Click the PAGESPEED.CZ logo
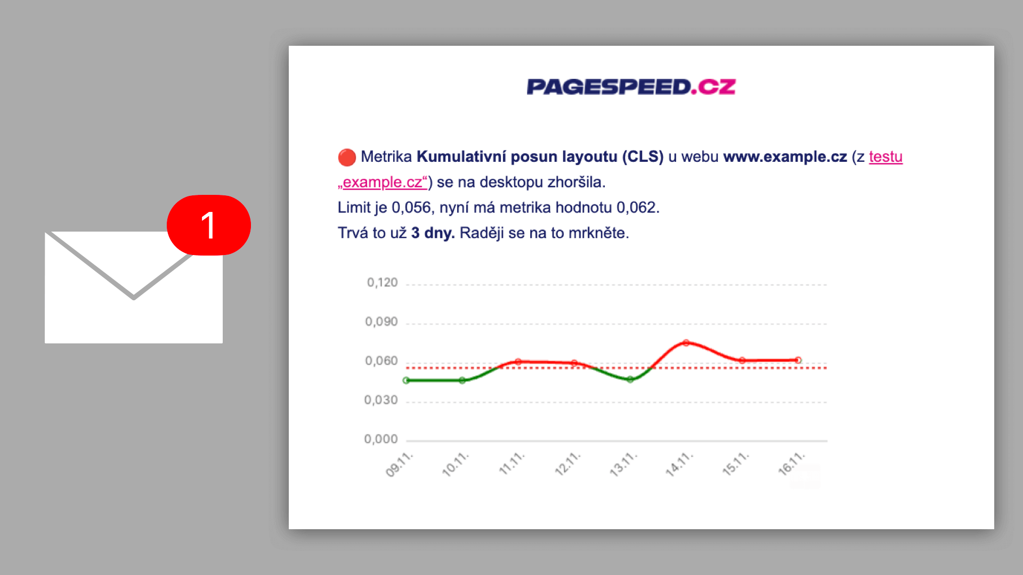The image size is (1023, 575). click(x=631, y=87)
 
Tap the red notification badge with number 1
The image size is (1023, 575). click(x=209, y=225)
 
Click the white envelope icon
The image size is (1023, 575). click(x=133, y=298)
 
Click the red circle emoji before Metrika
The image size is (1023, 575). click(x=347, y=158)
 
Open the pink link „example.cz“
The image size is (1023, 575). click(x=383, y=182)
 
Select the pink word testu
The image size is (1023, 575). click(x=886, y=157)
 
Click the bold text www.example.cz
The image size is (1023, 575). click(x=785, y=157)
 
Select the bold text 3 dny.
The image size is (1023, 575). click(x=433, y=233)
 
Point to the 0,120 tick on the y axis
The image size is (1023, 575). click(x=382, y=283)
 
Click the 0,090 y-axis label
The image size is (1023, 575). click(x=381, y=322)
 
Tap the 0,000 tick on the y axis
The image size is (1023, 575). click(x=380, y=439)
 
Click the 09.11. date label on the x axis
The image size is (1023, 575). click(x=400, y=464)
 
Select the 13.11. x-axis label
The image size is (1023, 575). click(x=623, y=464)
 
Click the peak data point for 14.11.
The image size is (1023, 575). click(x=686, y=343)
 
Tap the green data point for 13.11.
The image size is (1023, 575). click(x=630, y=380)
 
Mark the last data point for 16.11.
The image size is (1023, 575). click(x=798, y=360)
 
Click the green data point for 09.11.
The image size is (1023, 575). click(x=407, y=381)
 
